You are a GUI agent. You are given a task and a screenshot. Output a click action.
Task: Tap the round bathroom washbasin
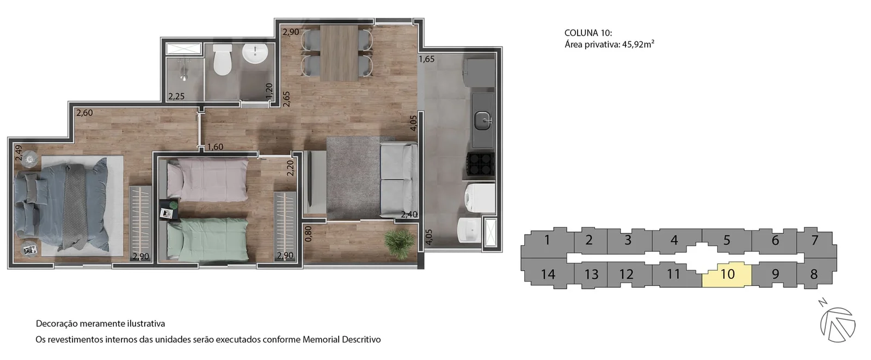[255, 54]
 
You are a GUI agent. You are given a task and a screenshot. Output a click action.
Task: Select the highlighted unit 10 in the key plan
[727, 274]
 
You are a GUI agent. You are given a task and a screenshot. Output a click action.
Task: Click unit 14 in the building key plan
[548, 274]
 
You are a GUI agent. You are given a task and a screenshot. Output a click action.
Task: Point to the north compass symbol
[837, 324]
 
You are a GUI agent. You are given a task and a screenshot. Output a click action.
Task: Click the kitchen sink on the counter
[483, 120]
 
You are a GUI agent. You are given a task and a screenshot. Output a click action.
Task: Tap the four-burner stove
[481, 164]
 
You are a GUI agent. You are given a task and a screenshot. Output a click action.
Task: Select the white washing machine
[480, 198]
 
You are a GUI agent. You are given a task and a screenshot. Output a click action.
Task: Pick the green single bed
[207, 239]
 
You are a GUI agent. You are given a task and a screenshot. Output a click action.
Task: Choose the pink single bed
[207, 180]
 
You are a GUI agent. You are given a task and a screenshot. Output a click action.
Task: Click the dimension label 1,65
[427, 59]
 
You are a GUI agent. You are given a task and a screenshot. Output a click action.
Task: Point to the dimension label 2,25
[176, 96]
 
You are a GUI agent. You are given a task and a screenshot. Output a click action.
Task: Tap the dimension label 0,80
[308, 234]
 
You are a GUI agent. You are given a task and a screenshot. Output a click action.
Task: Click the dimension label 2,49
[19, 152]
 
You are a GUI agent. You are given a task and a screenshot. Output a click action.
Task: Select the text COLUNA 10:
[588, 33]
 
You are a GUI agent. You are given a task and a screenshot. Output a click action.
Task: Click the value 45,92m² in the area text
[638, 44]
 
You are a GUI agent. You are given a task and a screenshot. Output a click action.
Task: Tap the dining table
[339, 53]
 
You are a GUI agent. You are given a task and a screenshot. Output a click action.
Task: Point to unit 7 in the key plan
[814, 240]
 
